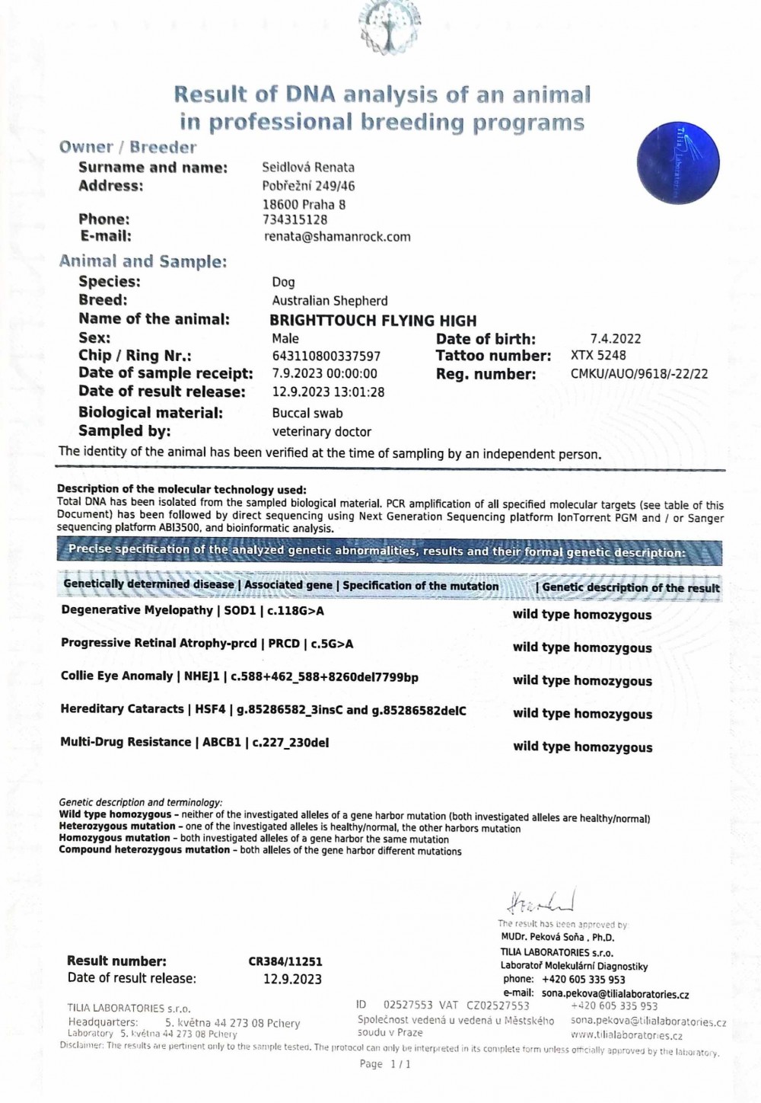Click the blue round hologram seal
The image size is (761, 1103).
click(x=677, y=164)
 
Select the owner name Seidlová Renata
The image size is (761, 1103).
click(x=308, y=168)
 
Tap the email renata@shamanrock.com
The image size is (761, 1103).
click(x=337, y=237)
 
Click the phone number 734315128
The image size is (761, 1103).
click(x=295, y=220)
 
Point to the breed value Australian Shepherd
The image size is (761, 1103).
click(x=330, y=301)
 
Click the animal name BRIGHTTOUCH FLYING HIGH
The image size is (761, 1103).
click(x=373, y=321)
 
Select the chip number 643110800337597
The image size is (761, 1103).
click(x=326, y=356)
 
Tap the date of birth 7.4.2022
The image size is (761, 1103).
click(x=615, y=339)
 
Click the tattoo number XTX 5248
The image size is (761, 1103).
click(x=598, y=356)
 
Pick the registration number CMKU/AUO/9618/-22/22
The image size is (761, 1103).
click(x=639, y=374)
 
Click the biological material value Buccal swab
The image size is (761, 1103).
click(x=307, y=414)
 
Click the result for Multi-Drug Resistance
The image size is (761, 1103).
click(x=582, y=747)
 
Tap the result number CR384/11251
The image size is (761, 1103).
click(x=285, y=962)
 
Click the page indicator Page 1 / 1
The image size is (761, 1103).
click(x=385, y=1064)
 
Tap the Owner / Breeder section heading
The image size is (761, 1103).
click(x=128, y=148)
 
